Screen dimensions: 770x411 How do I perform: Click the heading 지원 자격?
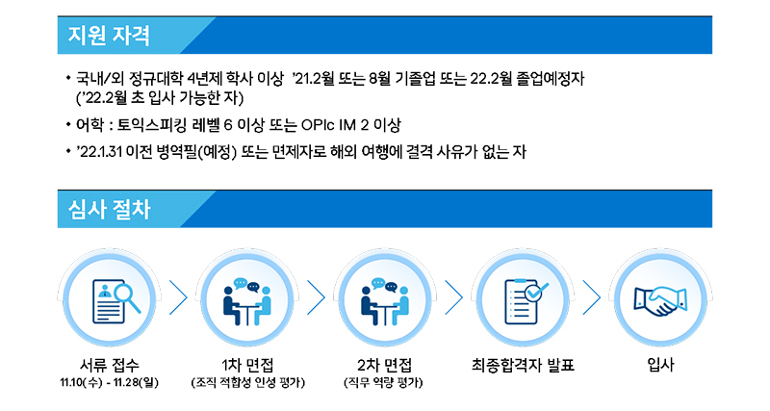(x=109, y=36)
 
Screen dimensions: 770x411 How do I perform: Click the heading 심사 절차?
(x=109, y=209)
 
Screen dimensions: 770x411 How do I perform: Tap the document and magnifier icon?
(x=116, y=300)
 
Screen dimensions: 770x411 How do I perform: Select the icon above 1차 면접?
(x=247, y=301)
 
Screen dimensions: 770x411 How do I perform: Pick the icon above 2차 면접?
(x=385, y=301)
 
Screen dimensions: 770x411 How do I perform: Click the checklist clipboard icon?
(x=526, y=301)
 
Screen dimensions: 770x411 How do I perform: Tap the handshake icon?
(x=660, y=301)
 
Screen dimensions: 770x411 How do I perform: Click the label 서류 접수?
(x=110, y=365)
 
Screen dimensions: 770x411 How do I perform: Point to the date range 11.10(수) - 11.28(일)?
(x=110, y=382)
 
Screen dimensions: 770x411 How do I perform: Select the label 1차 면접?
(x=247, y=365)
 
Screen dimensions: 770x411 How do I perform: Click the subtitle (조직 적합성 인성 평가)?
(x=247, y=382)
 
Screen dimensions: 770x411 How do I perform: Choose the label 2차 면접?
(x=384, y=365)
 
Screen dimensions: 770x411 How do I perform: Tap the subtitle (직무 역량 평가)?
(x=383, y=382)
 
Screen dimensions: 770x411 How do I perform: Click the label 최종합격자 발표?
(x=523, y=365)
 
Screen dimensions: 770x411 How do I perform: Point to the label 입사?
(x=660, y=365)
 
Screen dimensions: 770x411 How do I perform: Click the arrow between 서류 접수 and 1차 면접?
(x=179, y=297)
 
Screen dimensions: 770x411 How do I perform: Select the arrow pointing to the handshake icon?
(x=592, y=297)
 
